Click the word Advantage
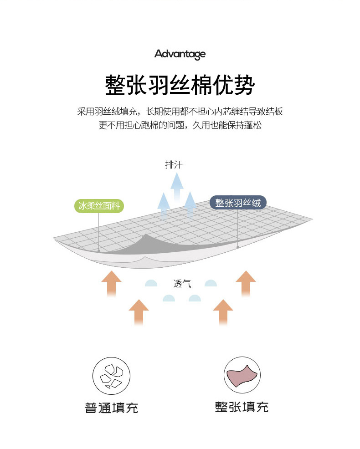(x=180, y=55)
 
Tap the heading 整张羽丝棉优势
(x=180, y=85)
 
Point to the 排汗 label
(x=174, y=165)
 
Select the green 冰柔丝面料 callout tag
(x=99, y=206)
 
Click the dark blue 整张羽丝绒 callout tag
(x=238, y=203)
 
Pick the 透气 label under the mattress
(x=182, y=284)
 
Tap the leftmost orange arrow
(x=111, y=283)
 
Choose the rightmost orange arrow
(x=246, y=283)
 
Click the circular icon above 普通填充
(x=111, y=375)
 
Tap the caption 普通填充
(x=111, y=407)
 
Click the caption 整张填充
(x=242, y=407)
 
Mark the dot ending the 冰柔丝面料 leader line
(x=99, y=250)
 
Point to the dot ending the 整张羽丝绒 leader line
(x=238, y=247)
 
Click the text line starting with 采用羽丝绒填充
(x=180, y=112)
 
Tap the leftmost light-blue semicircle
(x=151, y=283)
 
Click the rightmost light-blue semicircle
(x=211, y=283)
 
